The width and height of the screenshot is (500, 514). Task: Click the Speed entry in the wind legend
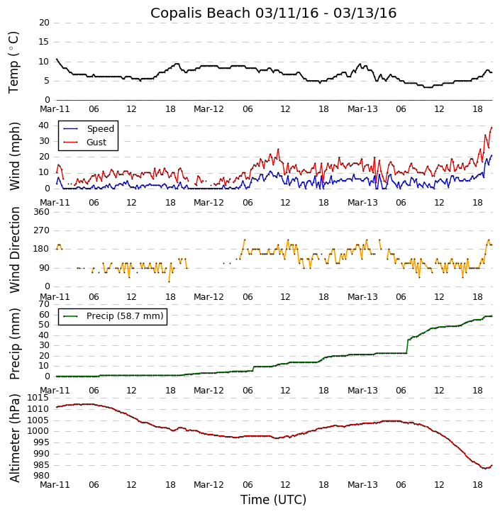click(100, 129)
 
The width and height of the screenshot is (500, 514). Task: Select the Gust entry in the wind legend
click(96, 143)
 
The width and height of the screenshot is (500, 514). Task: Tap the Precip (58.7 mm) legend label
click(124, 316)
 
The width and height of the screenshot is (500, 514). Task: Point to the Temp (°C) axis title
click(14, 62)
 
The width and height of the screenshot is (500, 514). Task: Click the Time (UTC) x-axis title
click(273, 500)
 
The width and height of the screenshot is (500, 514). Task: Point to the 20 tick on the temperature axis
click(44, 23)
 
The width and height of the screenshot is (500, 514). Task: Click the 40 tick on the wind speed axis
click(44, 125)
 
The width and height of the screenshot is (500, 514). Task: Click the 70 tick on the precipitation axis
click(44, 304)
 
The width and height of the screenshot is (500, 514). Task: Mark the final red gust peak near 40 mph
click(491, 128)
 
